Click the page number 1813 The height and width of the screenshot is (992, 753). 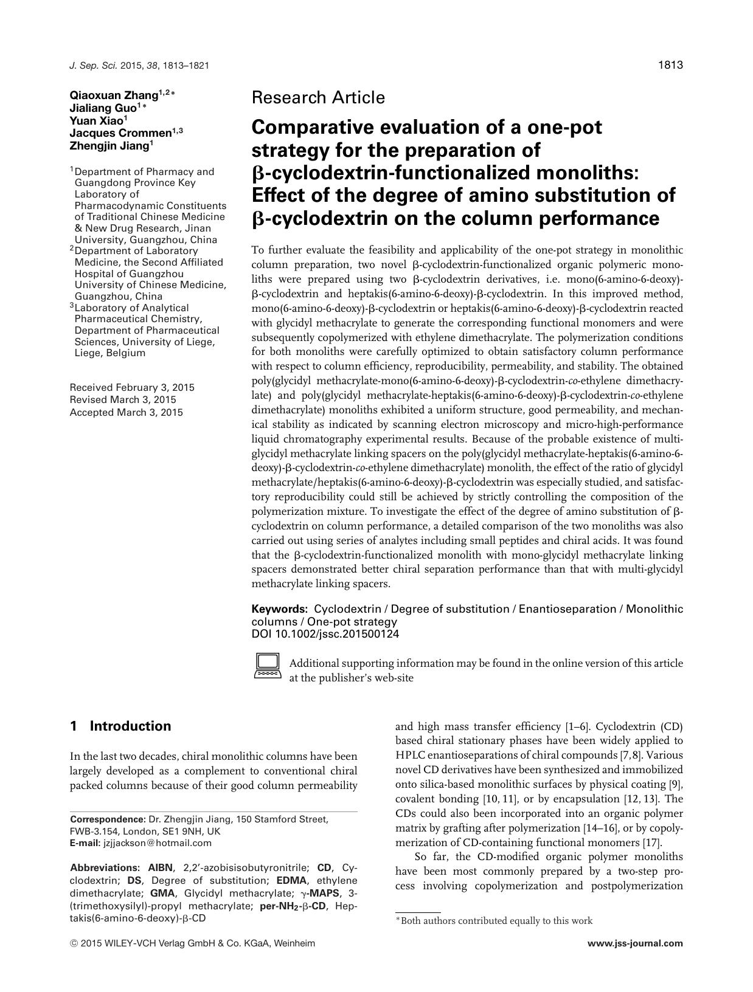coord(670,65)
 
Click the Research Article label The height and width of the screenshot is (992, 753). coord(318,97)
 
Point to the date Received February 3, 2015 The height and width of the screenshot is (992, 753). coord(132,387)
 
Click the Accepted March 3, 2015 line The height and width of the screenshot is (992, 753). coord(126,412)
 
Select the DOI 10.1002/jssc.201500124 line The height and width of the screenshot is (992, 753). coord(325,634)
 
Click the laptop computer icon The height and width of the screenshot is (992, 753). coord(268,666)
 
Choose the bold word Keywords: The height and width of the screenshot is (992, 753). coord(279,609)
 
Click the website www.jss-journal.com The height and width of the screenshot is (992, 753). coord(636,944)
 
